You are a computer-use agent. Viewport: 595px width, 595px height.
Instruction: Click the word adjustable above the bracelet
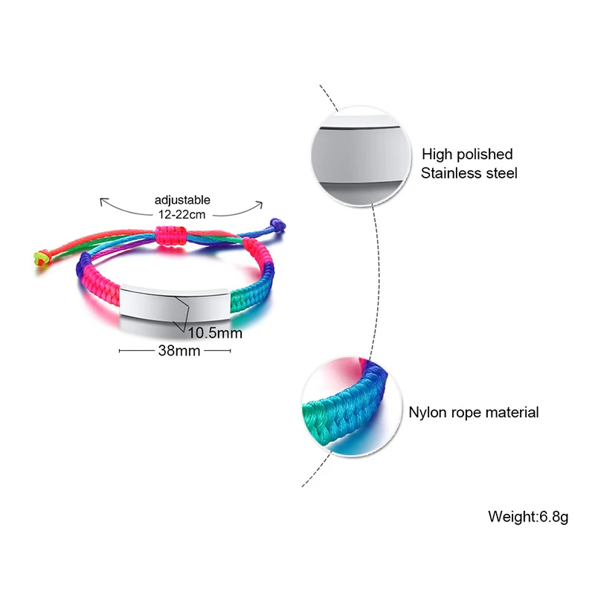(x=182, y=199)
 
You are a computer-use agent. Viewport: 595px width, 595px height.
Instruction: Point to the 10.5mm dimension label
(x=215, y=332)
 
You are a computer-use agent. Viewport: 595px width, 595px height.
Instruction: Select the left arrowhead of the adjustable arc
(x=102, y=201)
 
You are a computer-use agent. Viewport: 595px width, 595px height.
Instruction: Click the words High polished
(x=467, y=155)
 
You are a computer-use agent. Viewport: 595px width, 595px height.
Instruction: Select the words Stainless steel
(x=469, y=173)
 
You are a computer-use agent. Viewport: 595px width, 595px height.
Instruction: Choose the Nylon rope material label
(x=474, y=412)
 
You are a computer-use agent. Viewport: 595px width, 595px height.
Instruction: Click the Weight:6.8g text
(x=527, y=515)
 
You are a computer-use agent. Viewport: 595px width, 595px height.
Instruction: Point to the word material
(x=512, y=412)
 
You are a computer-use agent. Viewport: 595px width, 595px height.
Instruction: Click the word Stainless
(x=449, y=173)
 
